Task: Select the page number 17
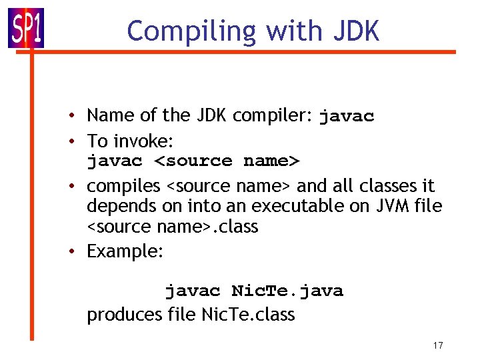438,345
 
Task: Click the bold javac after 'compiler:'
347,117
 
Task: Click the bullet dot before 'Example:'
78,252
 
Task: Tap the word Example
122,252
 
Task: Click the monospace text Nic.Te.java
287,291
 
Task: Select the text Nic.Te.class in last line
247,315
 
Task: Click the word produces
124,315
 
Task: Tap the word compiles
123,186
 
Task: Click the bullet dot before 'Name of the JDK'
78,116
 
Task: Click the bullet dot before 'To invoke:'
78,141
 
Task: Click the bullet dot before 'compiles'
78,186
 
